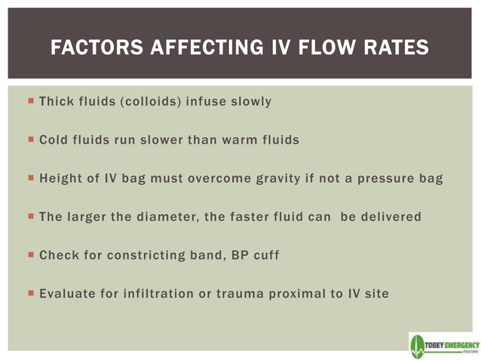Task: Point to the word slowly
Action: (248, 101)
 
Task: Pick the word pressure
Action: (384, 178)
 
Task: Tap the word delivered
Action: (389, 216)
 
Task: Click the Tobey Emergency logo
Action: (443, 344)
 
